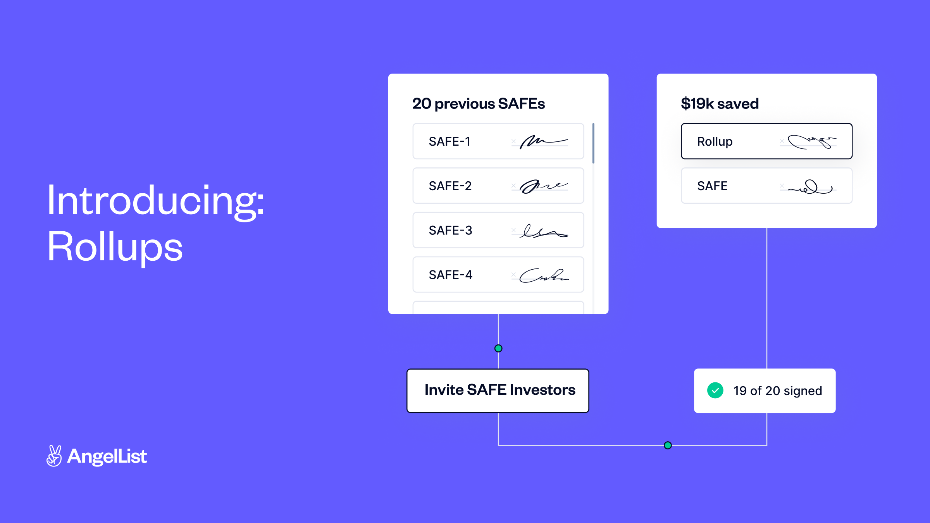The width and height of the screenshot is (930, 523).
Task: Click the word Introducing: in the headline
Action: [x=155, y=201]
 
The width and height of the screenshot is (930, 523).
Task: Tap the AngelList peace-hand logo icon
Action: [x=54, y=456]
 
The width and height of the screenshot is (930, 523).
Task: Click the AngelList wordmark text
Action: [x=107, y=456]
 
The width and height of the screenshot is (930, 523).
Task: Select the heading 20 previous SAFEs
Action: [x=478, y=104]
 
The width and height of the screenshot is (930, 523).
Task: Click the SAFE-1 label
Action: [x=449, y=142]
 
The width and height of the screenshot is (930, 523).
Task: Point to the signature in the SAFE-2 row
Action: [x=543, y=186]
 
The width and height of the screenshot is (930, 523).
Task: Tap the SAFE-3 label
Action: [x=450, y=231]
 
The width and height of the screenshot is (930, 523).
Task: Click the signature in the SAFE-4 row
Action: [x=543, y=275]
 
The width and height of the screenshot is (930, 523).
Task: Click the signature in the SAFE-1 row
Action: [x=543, y=142]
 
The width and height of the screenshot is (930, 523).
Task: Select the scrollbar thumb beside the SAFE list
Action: [x=593, y=143]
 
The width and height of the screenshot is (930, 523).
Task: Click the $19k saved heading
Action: [x=720, y=104]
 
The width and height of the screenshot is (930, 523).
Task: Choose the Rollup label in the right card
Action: [x=715, y=142]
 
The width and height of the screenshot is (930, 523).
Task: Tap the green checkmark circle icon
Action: [x=715, y=391]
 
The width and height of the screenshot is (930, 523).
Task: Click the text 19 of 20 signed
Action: [x=777, y=391]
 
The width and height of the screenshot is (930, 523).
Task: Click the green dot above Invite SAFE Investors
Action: [x=498, y=348]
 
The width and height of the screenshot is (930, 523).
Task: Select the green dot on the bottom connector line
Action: [x=668, y=445]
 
